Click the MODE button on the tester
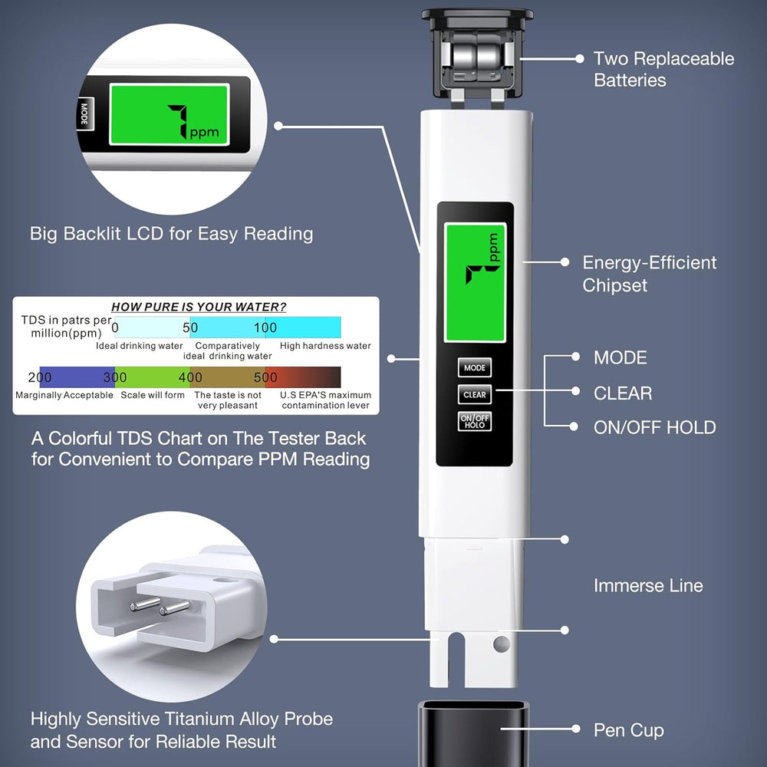point(475,368)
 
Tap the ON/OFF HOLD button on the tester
point(475,421)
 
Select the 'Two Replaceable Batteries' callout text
point(663,70)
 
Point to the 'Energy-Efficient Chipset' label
point(649,274)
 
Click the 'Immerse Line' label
point(648,586)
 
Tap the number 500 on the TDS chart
point(265,377)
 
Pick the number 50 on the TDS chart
point(190,328)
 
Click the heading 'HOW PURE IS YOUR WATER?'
point(199,307)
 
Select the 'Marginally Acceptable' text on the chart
point(64,395)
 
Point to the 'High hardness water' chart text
point(325,346)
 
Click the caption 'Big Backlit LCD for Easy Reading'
point(171,234)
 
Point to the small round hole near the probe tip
point(502,643)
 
